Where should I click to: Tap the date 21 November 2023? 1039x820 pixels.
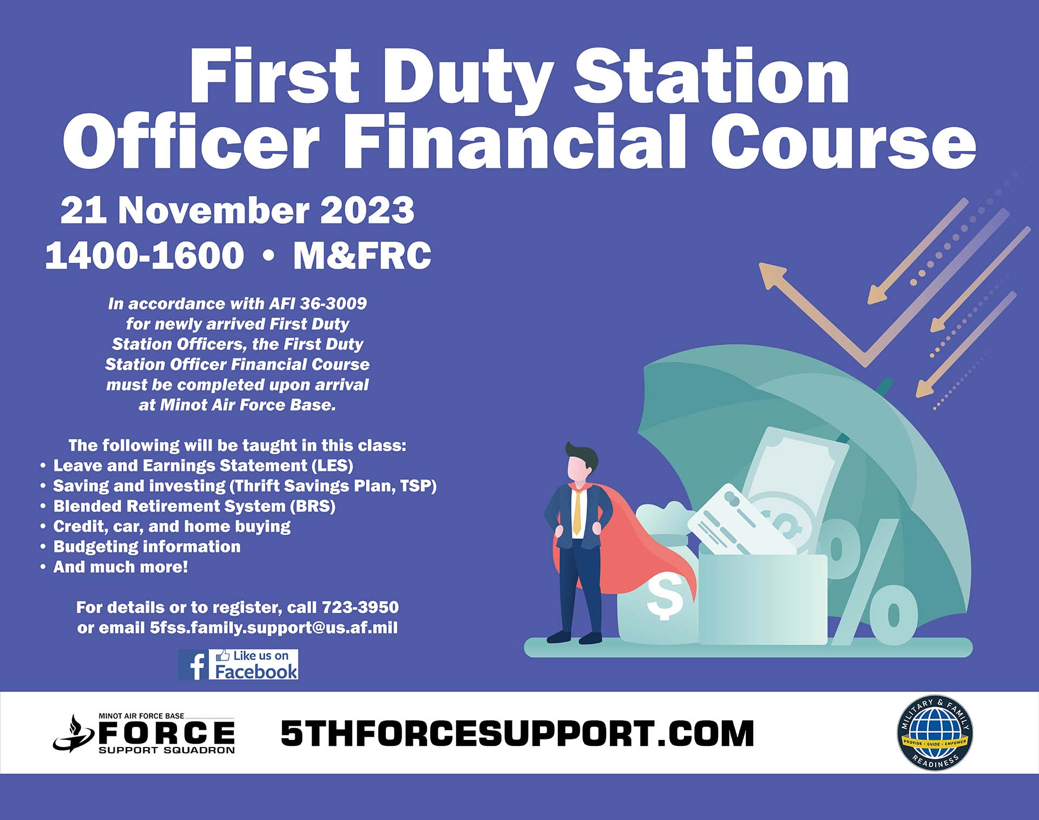(237, 210)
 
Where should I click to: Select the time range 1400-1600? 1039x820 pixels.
(144, 255)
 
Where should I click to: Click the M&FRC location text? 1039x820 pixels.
(362, 255)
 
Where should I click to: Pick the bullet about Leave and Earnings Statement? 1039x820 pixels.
(198, 466)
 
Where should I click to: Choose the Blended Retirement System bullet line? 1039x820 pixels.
(188, 506)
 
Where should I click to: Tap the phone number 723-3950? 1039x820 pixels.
(360, 607)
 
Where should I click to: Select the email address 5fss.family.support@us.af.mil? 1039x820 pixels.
(274, 627)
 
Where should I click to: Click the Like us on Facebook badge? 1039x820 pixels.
(239, 664)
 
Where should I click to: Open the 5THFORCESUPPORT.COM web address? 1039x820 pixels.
(517, 733)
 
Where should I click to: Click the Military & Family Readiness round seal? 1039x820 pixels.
(935, 733)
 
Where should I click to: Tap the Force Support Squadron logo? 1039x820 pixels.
(144, 733)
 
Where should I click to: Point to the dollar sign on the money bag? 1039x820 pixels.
(665, 597)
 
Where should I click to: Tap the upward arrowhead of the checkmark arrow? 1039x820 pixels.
(772, 274)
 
